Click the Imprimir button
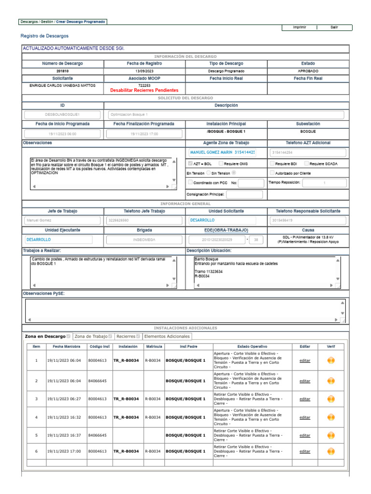pyautogui.click(x=299, y=27)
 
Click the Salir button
pyautogui.click(x=334, y=27)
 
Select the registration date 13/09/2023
pyautogui.click(x=144, y=71)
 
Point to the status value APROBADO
pyautogui.click(x=308, y=71)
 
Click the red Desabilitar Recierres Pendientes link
pyautogui.click(x=144, y=90)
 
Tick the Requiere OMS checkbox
pyautogui.click(x=221, y=164)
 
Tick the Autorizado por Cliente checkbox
pyautogui.click(x=272, y=173)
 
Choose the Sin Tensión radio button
pyautogui.click(x=234, y=173)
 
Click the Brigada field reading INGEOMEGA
pyautogui.click(x=144, y=239)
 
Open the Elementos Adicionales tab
pyautogui.click(x=167, y=336)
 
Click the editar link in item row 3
pyautogui.click(x=305, y=399)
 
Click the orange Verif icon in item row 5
pyautogui.click(x=331, y=435)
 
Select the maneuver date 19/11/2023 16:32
pyautogui.click(x=64, y=417)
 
